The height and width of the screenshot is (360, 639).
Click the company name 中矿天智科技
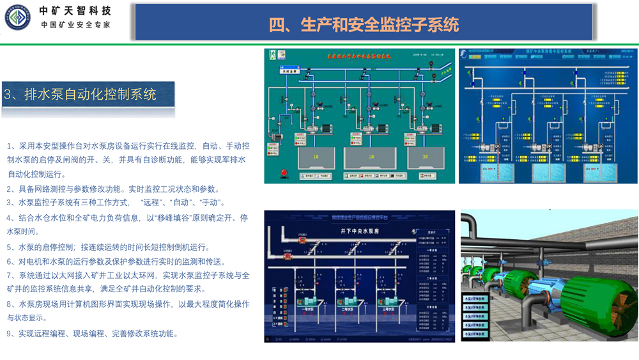click(x=75, y=11)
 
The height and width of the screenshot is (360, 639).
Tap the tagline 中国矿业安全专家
click(x=75, y=25)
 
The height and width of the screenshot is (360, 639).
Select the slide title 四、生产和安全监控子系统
click(x=364, y=24)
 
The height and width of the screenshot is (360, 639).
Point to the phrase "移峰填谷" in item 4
click(x=179, y=218)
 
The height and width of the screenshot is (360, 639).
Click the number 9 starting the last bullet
click(x=9, y=334)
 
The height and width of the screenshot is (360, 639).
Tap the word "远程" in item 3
click(x=151, y=203)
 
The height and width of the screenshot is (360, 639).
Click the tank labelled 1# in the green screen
click(x=315, y=157)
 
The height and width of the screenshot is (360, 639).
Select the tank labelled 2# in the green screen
click(x=370, y=157)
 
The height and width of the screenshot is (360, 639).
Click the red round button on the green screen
click(x=284, y=173)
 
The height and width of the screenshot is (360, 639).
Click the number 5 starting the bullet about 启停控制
click(x=9, y=247)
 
